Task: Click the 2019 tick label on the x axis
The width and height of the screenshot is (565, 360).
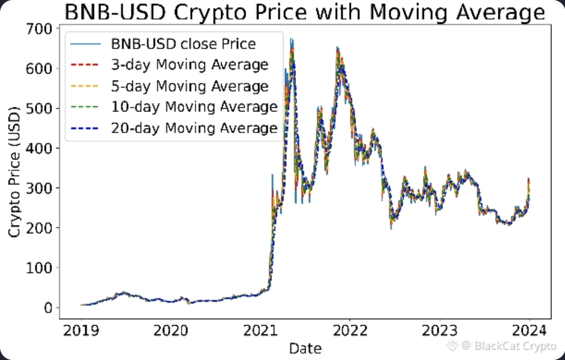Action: tap(81, 330)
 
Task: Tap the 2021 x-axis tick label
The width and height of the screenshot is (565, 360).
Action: tap(260, 330)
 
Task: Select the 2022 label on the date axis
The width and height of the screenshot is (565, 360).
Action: tap(350, 330)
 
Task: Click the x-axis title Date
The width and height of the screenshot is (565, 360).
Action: tap(305, 348)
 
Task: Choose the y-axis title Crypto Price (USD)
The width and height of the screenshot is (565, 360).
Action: tap(15, 171)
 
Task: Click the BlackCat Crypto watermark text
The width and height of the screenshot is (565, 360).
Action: tap(508, 345)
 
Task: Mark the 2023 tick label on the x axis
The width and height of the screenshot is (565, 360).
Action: tap(440, 330)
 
